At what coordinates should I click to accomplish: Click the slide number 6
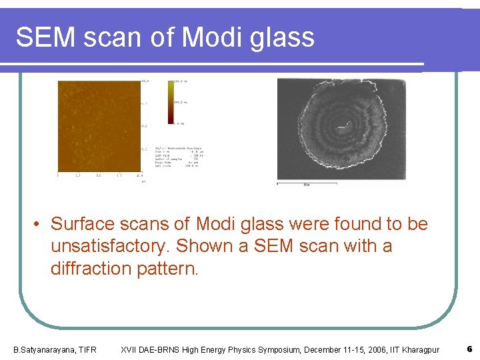click(470, 349)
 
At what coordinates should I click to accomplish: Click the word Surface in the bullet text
click(83, 224)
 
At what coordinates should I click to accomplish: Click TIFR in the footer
click(86, 350)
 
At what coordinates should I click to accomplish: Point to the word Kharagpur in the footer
click(420, 350)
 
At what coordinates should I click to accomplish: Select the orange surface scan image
click(98, 127)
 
